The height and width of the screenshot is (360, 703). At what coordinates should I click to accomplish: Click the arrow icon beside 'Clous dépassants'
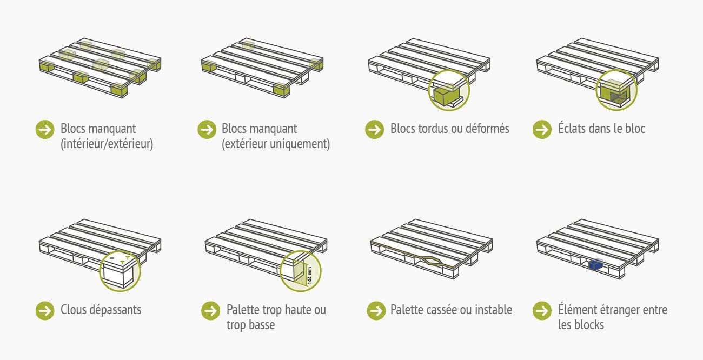(x=45, y=310)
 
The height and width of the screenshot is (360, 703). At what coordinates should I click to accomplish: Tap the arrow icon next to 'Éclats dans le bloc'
(x=542, y=130)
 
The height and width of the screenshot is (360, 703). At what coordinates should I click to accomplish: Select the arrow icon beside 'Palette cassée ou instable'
(x=376, y=310)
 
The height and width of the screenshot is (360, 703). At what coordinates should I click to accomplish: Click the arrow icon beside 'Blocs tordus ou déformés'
(x=374, y=130)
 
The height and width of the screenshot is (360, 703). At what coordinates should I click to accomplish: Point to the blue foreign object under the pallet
(x=596, y=264)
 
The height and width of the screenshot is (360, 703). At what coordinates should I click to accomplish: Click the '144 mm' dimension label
(x=310, y=276)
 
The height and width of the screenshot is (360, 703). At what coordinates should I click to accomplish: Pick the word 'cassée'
(x=439, y=310)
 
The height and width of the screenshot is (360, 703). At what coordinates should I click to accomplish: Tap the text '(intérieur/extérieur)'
(x=107, y=144)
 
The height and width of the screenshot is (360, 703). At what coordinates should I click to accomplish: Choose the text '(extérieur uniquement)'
(x=276, y=144)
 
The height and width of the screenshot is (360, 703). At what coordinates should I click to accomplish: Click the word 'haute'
(x=296, y=310)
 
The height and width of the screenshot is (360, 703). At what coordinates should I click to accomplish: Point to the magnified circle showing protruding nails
(x=120, y=271)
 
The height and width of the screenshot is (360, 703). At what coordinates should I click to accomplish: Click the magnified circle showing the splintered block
(x=616, y=90)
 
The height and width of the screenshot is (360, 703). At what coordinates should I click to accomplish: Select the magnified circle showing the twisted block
(x=449, y=90)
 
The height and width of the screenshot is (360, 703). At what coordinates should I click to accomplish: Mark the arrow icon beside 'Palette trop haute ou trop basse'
(x=210, y=310)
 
